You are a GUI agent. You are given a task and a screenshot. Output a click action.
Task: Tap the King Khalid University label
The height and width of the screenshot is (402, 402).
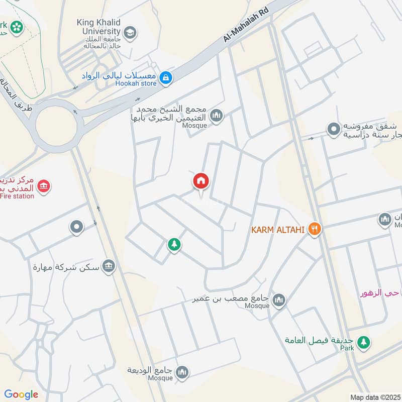99,26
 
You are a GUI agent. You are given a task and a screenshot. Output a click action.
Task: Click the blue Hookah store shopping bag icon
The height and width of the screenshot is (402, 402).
166,78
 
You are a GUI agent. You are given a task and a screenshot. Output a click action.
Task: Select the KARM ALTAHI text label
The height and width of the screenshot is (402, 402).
278,230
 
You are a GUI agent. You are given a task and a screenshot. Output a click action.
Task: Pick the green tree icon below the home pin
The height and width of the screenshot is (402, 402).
174,245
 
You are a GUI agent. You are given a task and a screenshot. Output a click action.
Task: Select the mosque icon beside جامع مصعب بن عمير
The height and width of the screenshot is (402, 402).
279,300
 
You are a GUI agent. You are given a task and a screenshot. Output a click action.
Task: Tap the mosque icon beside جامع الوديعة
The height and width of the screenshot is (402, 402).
182,371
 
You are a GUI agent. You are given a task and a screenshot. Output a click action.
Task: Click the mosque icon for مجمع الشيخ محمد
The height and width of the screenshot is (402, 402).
217,116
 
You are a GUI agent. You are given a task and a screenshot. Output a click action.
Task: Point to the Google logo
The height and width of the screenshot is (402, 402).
21,394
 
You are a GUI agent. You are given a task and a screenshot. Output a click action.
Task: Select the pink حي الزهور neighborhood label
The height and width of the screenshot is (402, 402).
380,292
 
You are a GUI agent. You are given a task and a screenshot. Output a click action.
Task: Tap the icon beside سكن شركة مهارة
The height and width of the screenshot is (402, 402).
108,266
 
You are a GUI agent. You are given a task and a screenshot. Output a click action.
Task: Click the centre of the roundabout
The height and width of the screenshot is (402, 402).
56,123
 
